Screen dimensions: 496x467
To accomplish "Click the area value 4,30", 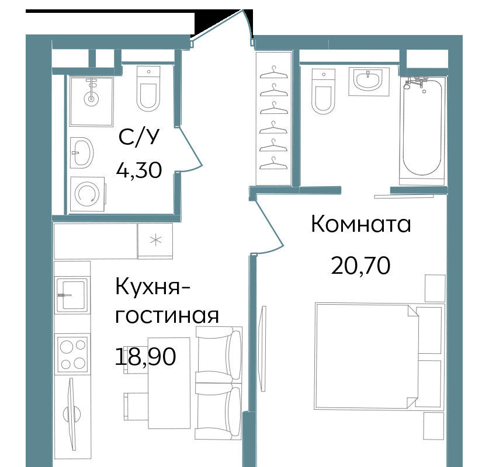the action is click(x=139, y=170).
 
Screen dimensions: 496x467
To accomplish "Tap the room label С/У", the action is click(x=138, y=138).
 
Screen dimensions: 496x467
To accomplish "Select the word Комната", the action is click(x=361, y=224).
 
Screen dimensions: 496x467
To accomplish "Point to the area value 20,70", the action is click(x=360, y=266).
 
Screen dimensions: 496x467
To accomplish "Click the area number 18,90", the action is click(x=145, y=356).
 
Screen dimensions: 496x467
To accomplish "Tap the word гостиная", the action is click(x=167, y=316).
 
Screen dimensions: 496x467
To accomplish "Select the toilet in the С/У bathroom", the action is click(x=148, y=89).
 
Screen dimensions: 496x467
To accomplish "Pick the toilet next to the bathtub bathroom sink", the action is click(x=323, y=92).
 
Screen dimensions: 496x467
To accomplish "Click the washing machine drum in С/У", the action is click(x=87, y=194).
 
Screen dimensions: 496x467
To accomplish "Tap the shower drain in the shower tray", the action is click(x=91, y=99).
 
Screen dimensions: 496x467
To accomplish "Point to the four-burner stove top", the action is click(x=72, y=354).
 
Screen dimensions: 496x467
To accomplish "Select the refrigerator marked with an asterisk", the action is click(x=155, y=241).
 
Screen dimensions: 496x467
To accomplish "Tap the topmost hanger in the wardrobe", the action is click(x=273, y=72).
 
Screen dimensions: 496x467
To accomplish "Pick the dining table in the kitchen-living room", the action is click(x=169, y=384).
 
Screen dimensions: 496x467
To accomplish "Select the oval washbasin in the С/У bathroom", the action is click(x=82, y=152).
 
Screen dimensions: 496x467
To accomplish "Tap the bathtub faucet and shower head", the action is click(x=415, y=83).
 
